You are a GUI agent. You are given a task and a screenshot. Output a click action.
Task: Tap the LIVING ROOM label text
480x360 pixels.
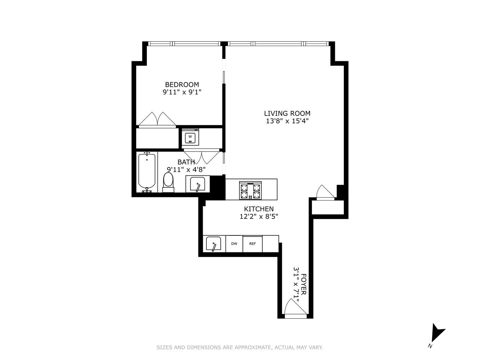[287, 113]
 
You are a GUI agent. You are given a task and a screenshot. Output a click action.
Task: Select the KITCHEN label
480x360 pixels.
[259, 209]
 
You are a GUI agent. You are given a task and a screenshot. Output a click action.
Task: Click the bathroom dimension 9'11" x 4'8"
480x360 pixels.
[186, 169]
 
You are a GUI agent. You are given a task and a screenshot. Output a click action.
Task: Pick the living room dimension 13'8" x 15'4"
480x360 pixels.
[287, 121]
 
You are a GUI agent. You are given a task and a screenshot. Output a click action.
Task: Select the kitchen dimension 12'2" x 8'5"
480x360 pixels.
[259, 217]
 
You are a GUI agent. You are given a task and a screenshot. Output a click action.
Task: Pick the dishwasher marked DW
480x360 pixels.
[234, 244]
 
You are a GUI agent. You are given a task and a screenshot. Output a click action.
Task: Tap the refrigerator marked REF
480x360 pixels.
[252, 244]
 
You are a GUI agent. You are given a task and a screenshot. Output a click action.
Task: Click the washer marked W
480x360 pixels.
[190, 137]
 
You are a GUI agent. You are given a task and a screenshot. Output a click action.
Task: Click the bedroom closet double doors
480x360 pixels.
[157, 120]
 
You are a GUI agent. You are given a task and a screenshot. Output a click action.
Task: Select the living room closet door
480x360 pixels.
[325, 192]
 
